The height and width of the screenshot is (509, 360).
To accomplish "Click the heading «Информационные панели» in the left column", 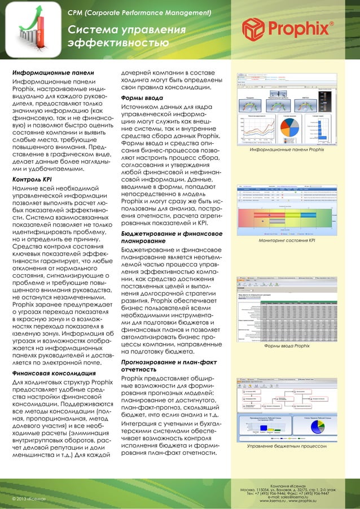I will pos(53,73).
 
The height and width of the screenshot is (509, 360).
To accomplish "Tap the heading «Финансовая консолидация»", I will pos(50,373).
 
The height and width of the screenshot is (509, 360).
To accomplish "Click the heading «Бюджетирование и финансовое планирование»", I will pos(169,237).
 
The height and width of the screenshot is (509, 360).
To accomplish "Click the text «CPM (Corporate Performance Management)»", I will pos(139,12).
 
